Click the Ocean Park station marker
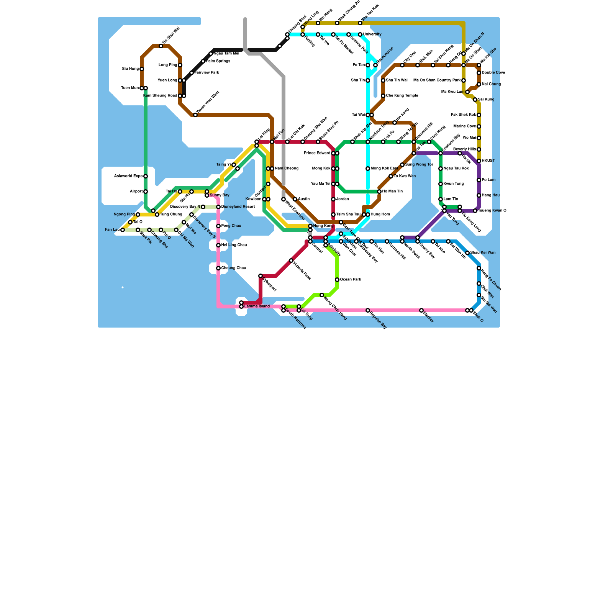[x=337, y=280]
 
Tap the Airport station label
[x=136, y=192]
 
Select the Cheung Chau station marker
[x=218, y=268]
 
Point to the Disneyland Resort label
[x=238, y=207]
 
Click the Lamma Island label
[x=257, y=306]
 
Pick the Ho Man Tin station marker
[x=379, y=192]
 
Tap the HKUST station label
[x=488, y=161]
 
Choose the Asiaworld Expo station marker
[x=146, y=176]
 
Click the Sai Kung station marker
[x=475, y=100]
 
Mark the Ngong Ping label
[x=124, y=215]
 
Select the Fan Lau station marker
[x=123, y=230]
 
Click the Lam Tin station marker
[x=441, y=199]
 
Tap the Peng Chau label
[x=231, y=226]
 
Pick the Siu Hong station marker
[x=142, y=69]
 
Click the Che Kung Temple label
[x=402, y=96]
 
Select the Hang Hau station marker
[x=479, y=195]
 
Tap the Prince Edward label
[x=317, y=153]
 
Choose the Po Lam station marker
[x=479, y=180]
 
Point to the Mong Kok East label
[x=384, y=169]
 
